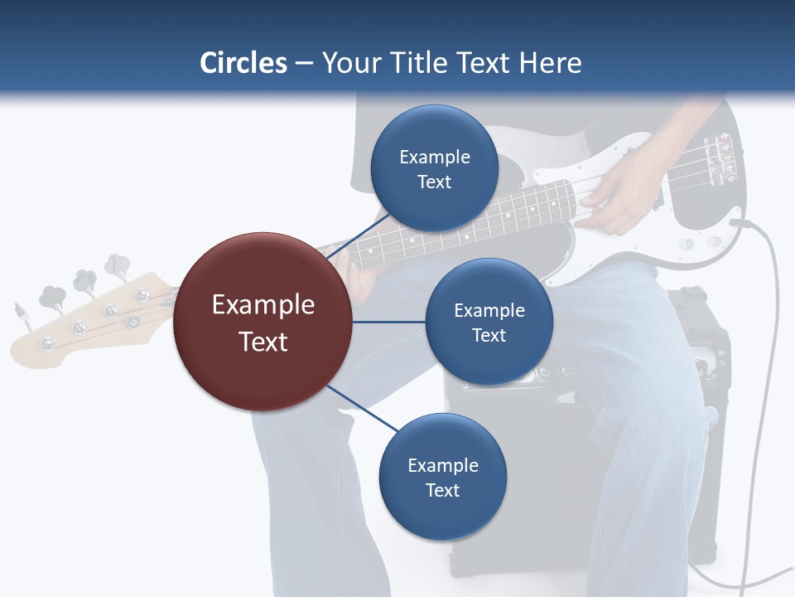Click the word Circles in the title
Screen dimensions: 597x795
pyautogui.click(x=243, y=63)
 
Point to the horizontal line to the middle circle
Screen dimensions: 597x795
pyautogui.click(x=388, y=322)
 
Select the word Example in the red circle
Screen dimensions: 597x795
pyautogui.click(x=263, y=304)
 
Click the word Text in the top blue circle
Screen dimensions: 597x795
pyautogui.click(x=434, y=182)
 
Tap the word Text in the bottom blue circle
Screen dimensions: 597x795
pyautogui.click(x=442, y=490)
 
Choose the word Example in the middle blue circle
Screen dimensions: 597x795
pyautogui.click(x=489, y=310)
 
